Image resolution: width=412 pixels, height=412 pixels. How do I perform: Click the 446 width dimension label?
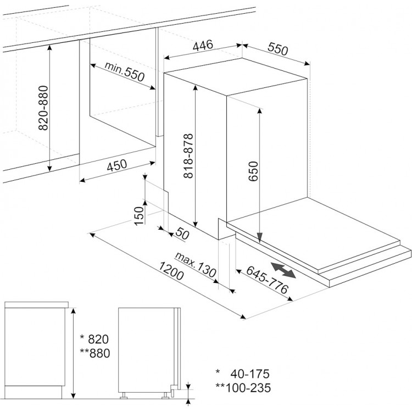203,46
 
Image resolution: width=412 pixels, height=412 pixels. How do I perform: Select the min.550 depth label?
125,71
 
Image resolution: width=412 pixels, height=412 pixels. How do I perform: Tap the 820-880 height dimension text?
43,108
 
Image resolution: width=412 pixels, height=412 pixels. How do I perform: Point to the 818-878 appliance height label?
188,156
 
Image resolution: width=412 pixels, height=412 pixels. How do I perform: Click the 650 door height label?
253,171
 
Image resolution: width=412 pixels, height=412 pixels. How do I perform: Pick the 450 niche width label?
117,165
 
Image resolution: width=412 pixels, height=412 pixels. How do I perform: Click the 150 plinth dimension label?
140,216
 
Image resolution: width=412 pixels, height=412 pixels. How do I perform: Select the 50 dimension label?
182,233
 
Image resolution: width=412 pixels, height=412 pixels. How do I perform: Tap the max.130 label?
196,265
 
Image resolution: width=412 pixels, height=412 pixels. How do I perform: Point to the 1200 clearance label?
171,271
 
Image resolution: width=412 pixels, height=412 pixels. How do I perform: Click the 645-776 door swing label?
267,280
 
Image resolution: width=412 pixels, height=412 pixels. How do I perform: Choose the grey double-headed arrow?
283,270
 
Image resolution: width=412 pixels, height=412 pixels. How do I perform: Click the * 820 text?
94,339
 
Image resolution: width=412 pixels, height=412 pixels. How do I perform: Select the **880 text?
95,353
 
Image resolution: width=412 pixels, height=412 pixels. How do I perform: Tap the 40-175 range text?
250,374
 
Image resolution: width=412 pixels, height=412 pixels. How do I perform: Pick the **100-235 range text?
243,388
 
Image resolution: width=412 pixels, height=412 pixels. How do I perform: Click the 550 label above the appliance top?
278,49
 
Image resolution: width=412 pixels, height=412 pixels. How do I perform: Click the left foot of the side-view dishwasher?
124,396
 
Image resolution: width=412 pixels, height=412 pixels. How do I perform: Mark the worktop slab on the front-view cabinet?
36,305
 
